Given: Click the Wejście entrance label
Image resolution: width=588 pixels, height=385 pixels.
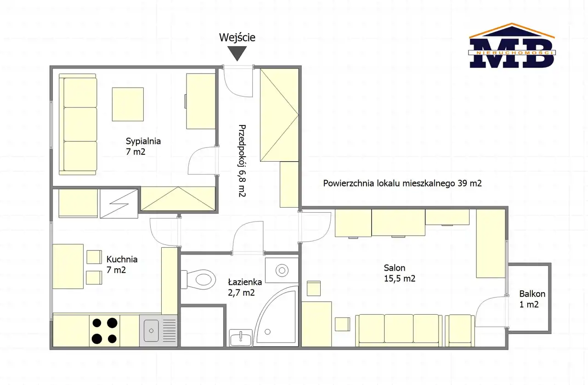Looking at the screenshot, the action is [237, 38].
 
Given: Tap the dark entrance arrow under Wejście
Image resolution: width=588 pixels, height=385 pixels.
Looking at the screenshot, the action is [237, 53].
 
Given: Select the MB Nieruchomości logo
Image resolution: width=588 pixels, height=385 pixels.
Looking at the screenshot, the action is [512, 45].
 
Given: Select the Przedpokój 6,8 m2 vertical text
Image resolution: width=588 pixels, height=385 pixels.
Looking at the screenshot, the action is [242, 161].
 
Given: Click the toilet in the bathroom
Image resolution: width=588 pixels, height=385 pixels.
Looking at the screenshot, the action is [198, 279].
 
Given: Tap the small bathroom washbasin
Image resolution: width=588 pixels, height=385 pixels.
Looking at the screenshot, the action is [241, 338].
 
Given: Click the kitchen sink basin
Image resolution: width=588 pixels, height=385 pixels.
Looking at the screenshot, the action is [151, 331].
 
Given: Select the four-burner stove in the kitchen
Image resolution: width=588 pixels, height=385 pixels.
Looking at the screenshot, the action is [104, 331].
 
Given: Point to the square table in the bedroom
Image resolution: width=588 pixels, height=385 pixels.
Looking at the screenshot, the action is [128, 104].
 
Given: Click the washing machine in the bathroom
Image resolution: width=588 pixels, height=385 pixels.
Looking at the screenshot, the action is [282, 270].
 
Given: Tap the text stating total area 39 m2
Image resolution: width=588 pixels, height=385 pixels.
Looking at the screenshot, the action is [402, 183].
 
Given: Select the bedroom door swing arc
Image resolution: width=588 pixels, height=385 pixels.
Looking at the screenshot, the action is [199, 158].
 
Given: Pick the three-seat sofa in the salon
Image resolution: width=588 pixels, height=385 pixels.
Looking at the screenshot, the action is [399, 330].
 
